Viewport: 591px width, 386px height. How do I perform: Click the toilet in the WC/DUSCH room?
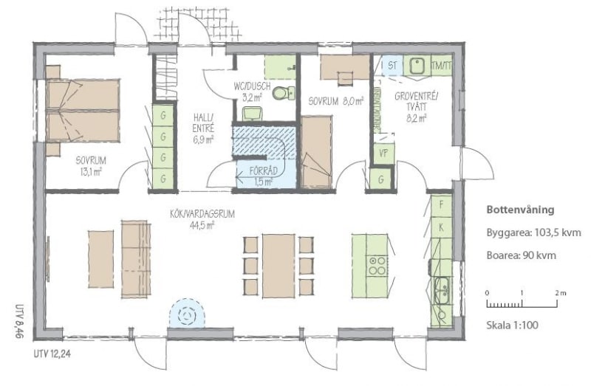pyautogui.click(x=283, y=93)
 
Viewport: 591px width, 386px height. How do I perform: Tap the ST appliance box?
pyautogui.click(x=392, y=66)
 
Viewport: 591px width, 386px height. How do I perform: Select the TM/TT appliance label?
pyautogui.click(x=441, y=66)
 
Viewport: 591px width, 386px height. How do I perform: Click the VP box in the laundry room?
pyautogui.click(x=383, y=154)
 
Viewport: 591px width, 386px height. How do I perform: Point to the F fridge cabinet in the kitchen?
pyautogui.click(x=441, y=206)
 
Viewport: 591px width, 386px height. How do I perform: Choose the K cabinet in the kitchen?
pyautogui.click(x=441, y=227)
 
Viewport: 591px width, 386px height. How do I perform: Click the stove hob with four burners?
pyautogui.click(x=378, y=266)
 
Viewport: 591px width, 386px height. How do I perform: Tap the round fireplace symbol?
pyautogui.click(x=188, y=314)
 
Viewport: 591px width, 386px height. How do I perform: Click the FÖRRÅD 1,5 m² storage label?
pyautogui.click(x=264, y=176)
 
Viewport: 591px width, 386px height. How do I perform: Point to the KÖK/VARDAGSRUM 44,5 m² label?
pyautogui.click(x=202, y=219)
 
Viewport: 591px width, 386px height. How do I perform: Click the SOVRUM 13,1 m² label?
pyautogui.click(x=90, y=166)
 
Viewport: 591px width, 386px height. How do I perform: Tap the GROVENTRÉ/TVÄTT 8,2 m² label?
pyautogui.click(x=417, y=107)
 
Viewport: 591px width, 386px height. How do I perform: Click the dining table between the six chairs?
pyautogui.click(x=279, y=266)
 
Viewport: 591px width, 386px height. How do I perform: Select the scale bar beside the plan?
pyautogui.click(x=522, y=303)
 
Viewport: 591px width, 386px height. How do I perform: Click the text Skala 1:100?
pyautogui.click(x=512, y=325)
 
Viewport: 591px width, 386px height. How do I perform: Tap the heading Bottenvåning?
pyautogui.click(x=520, y=210)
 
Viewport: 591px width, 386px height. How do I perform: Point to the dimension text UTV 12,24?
pyautogui.click(x=52, y=354)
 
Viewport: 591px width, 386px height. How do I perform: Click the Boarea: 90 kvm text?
pyautogui.click(x=521, y=255)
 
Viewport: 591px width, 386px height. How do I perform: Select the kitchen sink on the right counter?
pyautogui.click(x=441, y=290)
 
